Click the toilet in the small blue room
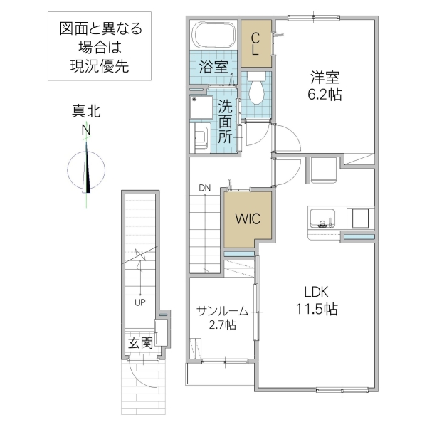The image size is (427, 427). click(x=256, y=88)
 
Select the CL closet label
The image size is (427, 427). click(x=255, y=43)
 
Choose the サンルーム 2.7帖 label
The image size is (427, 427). click(x=222, y=317)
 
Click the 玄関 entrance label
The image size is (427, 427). click(x=140, y=342)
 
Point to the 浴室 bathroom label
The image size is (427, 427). click(x=213, y=68)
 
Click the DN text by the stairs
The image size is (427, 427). click(x=205, y=188)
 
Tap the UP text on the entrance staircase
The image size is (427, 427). click(x=141, y=302)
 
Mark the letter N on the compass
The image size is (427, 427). click(x=86, y=130)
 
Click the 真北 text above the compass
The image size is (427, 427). click(x=86, y=112)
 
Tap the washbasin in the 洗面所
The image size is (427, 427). click(x=200, y=136)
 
